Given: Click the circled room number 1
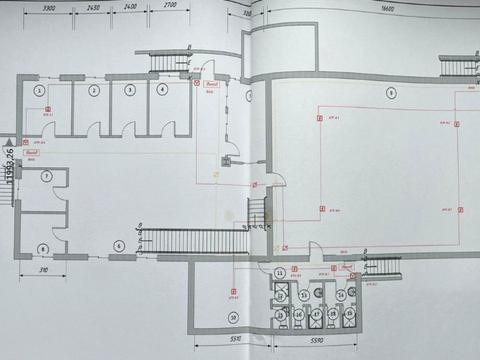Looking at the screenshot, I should [40, 91].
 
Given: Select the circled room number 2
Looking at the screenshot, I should [93, 91].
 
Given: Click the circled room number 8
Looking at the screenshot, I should [43, 247].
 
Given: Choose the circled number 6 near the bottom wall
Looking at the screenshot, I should [117, 245].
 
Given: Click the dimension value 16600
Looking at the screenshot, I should [387, 9].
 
